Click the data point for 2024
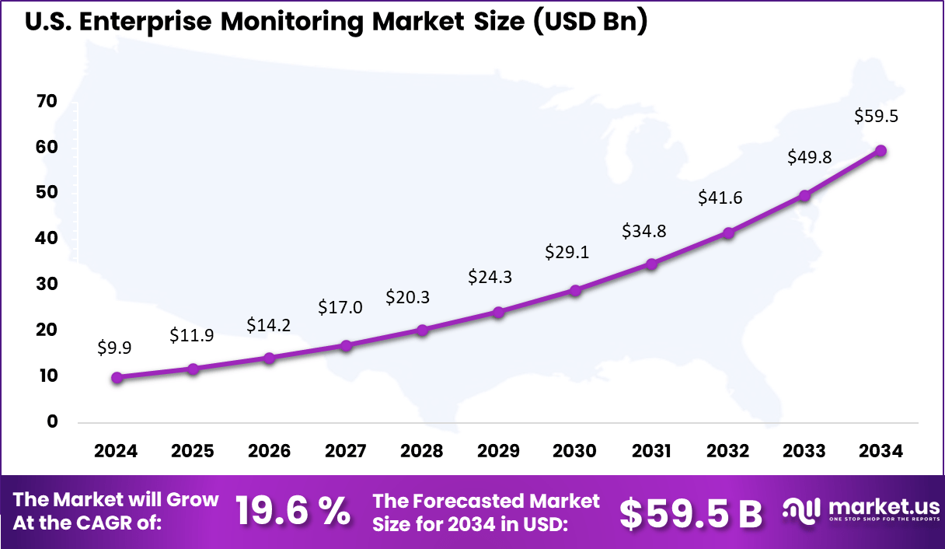(117, 378)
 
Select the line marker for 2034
(880, 151)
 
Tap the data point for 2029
(499, 313)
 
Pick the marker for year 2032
(728, 233)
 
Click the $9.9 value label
(114, 348)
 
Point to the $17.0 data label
(340, 307)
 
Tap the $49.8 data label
(810, 158)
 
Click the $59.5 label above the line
(876, 116)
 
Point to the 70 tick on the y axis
(47, 101)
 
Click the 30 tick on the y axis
(47, 285)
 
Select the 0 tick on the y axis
(52, 422)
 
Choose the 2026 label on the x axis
(269, 452)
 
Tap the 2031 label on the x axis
(651, 452)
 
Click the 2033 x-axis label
(804, 452)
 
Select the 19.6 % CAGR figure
(293, 512)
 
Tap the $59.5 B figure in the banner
(691, 512)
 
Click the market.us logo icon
(802, 512)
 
